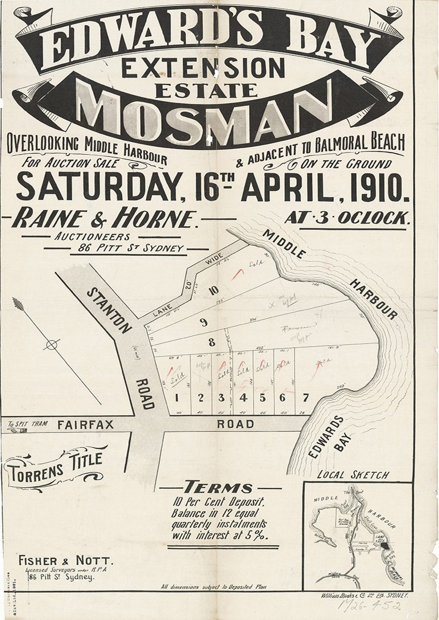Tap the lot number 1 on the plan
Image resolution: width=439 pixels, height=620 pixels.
click(177, 398)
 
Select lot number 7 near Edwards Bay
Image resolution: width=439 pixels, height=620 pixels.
click(306, 397)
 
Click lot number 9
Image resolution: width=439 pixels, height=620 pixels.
click(204, 323)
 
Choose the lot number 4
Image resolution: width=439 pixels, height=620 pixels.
click(242, 398)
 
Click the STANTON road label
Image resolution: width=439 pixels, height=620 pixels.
click(109, 310)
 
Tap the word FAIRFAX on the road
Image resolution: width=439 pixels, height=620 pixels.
click(79, 425)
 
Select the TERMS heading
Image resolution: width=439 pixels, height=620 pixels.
click(218, 487)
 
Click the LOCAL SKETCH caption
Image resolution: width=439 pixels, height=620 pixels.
click(353, 475)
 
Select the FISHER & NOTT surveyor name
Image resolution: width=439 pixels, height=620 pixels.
click(64, 560)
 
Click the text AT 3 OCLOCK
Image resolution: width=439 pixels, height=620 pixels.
click(347, 218)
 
